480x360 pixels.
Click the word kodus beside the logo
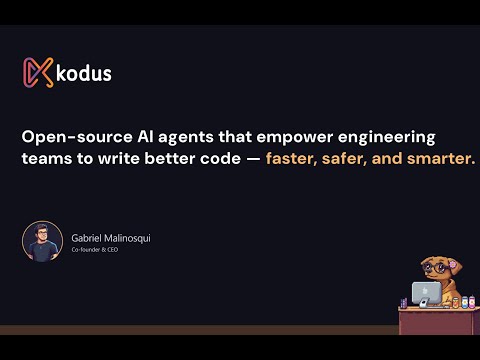(85, 73)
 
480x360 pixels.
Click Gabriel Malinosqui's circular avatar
(42, 241)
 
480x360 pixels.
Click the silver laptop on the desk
(425, 293)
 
